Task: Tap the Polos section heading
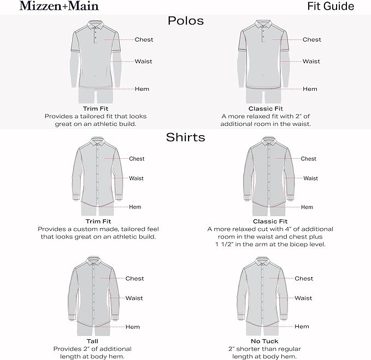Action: click(x=185, y=21)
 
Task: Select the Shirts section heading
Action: click(x=185, y=137)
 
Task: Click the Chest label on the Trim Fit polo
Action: click(x=144, y=39)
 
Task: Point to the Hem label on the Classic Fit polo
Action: click(x=310, y=89)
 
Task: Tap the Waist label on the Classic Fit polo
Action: click(x=311, y=61)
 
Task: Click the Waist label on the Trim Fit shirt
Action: click(x=137, y=178)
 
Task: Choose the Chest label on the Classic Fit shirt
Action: click(x=309, y=159)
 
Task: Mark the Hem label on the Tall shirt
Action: click(x=133, y=327)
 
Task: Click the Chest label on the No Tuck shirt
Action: click(x=304, y=278)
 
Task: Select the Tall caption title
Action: click(x=92, y=341)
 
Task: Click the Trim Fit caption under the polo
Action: click(x=96, y=108)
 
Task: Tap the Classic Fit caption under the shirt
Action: click(x=270, y=221)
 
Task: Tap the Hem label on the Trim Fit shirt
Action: click(x=135, y=207)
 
